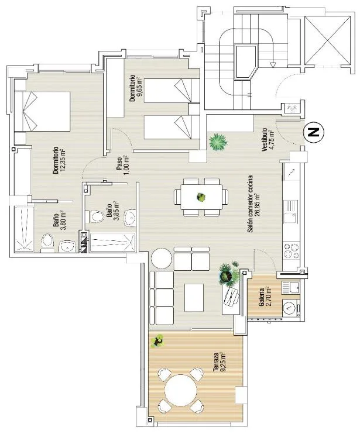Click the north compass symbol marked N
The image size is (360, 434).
(314, 132)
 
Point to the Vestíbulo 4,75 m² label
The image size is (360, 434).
(268, 139)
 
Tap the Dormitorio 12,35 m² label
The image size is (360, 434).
(59, 160)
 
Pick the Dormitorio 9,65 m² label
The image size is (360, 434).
(136, 88)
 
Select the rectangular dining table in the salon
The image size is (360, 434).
(201, 197)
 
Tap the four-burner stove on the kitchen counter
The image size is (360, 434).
(291, 250)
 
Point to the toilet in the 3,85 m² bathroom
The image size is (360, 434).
(94, 216)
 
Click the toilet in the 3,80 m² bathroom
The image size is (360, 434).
(47, 243)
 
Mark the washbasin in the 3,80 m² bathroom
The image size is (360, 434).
(67, 246)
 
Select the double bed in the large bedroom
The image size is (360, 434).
(42, 111)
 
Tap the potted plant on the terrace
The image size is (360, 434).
(158, 341)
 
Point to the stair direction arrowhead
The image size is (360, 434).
(273, 65)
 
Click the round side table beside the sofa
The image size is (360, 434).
(161, 258)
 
